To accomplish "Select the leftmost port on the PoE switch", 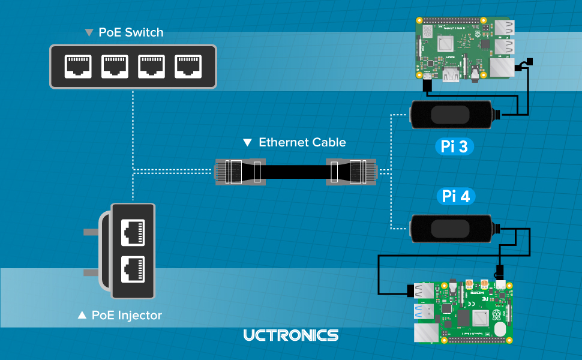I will pyautogui.click(x=78, y=67).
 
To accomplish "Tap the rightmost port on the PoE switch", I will pyautogui.click(x=187, y=67).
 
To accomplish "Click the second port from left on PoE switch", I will pyautogui.click(x=114, y=67).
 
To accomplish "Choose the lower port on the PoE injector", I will pyautogui.click(x=133, y=269).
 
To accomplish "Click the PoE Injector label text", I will pyautogui.click(x=127, y=315).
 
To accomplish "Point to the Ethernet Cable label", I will pyautogui.click(x=302, y=142).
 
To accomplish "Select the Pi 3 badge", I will pyautogui.click(x=454, y=147).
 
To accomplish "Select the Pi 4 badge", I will pyautogui.click(x=455, y=196).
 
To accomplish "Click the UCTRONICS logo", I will pyautogui.click(x=291, y=335).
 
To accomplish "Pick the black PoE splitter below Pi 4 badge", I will pyautogui.click(x=452, y=229).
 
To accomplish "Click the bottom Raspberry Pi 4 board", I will pyautogui.click(x=466, y=310).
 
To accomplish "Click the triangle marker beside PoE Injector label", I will pyautogui.click(x=82, y=315).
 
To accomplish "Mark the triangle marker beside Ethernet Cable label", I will pyautogui.click(x=248, y=143).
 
